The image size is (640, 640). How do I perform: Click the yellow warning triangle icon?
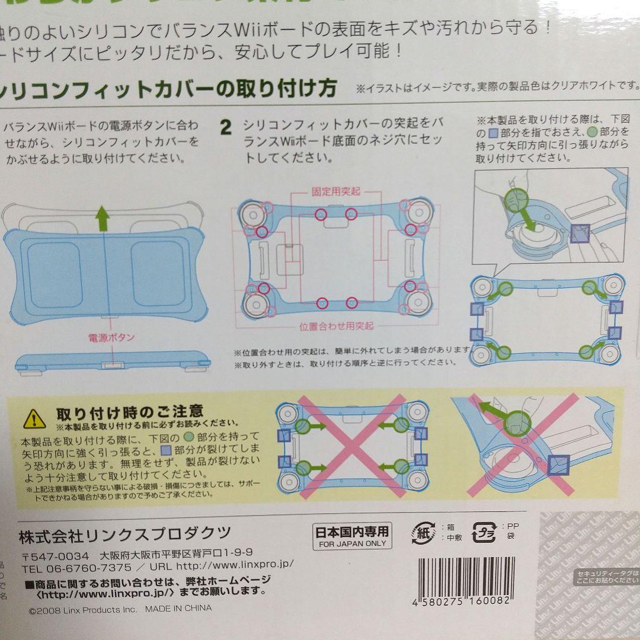tap(35, 418)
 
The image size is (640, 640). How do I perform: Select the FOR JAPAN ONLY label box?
tap(352, 536)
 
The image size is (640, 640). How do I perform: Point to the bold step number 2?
tap(226, 128)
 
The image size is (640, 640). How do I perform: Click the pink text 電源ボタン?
tap(111, 337)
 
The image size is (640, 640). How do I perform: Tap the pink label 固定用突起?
tap(336, 192)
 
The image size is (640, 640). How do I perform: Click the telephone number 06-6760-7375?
tap(88, 567)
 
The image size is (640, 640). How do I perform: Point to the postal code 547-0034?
tap(55, 556)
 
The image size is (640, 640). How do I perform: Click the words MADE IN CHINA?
tap(178, 608)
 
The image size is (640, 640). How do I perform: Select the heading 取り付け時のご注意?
tap(130, 411)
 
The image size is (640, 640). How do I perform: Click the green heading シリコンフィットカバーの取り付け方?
tap(168, 89)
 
